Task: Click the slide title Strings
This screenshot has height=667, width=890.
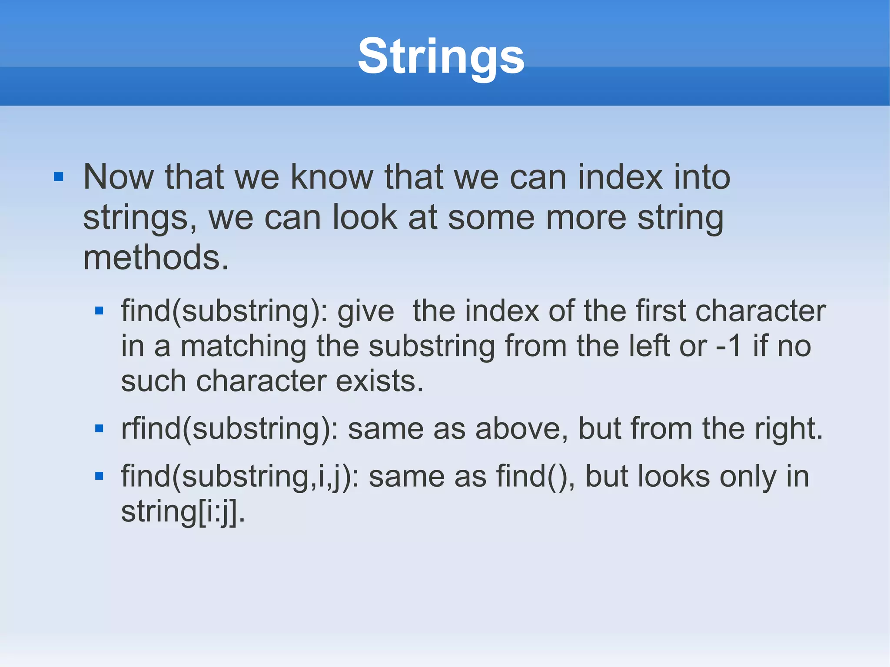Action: tap(441, 56)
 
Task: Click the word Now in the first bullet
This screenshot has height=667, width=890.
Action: tap(118, 177)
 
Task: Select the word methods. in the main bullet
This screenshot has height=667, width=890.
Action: tap(156, 258)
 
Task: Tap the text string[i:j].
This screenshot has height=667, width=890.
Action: tap(183, 512)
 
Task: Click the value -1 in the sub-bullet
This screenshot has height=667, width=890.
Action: tap(728, 346)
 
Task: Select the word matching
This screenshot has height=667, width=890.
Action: tap(243, 346)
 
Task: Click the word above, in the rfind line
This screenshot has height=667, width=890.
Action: tap(521, 429)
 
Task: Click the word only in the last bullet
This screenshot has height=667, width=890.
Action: tap(747, 477)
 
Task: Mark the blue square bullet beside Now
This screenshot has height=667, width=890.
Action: tap(59, 177)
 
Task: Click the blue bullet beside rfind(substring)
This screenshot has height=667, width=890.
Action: tap(99, 429)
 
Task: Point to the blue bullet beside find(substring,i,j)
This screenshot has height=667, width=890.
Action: tap(99, 476)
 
